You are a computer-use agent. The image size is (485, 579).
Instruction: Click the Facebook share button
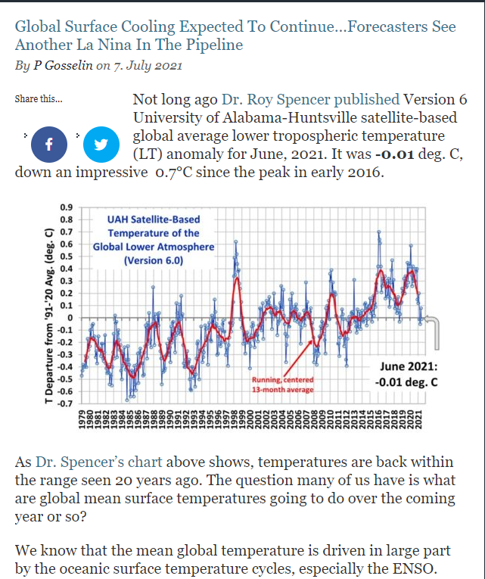pyautogui.click(x=49, y=145)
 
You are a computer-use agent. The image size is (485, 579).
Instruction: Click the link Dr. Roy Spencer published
pyautogui.click(x=309, y=100)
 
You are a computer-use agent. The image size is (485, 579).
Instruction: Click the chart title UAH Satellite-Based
pyautogui.click(x=154, y=219)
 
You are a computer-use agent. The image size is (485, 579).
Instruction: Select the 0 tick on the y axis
pyautogui.click(x=68, y=317)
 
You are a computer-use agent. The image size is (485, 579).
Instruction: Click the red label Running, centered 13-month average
pyautogui.click(x=281, y=384)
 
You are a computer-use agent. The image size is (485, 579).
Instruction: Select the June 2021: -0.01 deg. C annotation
pyautogui.click(x=406, y=374)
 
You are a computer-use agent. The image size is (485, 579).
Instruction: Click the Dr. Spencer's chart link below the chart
pyautogui.click(x=113, y=462)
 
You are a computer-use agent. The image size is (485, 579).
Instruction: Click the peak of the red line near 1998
pyautogui.click(x=238, y=277)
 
